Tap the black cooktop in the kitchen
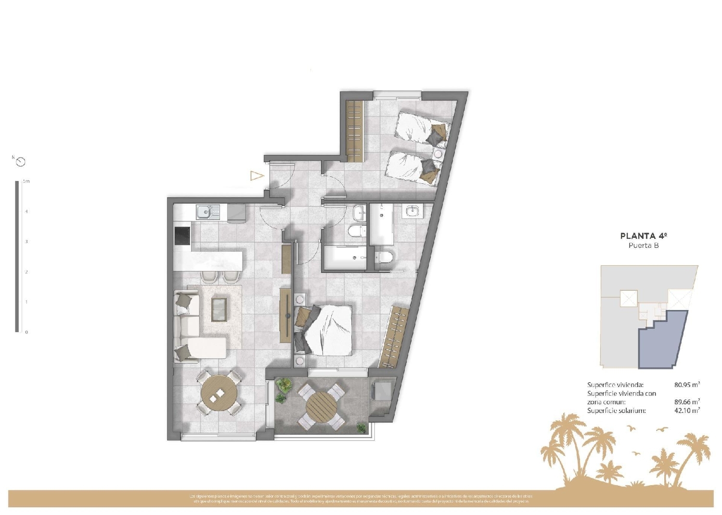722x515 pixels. point(182,236)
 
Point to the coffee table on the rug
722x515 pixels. point(219,309)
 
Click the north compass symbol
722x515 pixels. point(20,162)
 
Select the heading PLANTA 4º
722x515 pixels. point(644,236)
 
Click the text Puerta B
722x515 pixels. point(644,245)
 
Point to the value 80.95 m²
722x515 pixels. point(687,385)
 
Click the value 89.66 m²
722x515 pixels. point(687,402)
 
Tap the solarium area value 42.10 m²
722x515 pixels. point(687,411)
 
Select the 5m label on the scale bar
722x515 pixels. point(26,181)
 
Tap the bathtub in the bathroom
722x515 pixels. point(344,257)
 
